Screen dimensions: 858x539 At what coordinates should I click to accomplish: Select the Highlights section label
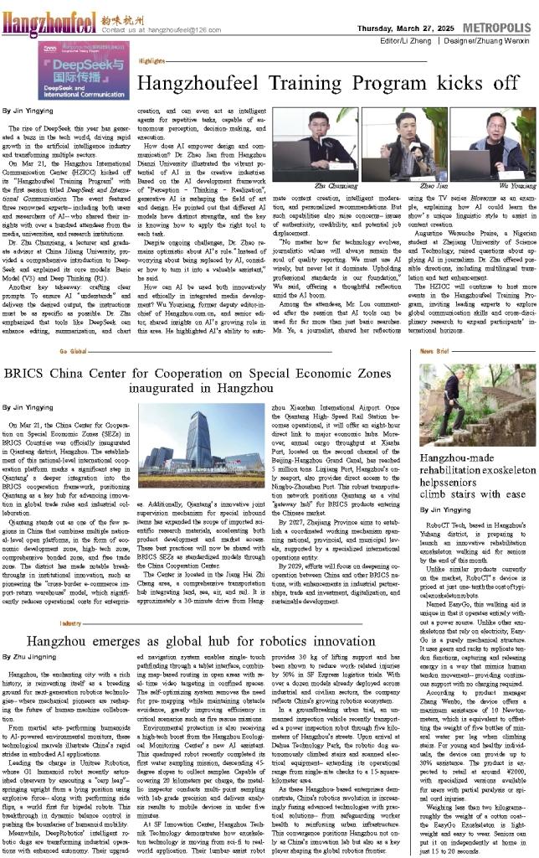click(151, 61)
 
